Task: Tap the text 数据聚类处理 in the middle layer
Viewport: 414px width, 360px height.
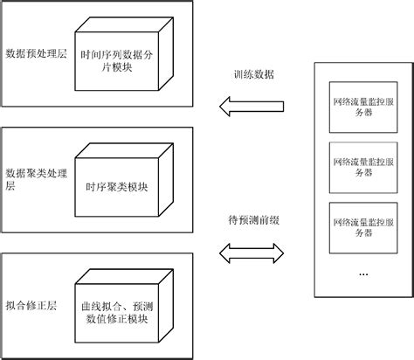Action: click(x=32, y=171)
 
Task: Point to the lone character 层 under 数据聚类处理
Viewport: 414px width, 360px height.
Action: click(x=10, y=186)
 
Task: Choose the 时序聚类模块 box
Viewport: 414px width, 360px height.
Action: click(x=118, y=184)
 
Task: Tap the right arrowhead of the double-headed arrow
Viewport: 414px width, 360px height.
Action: click(x=279, y=252)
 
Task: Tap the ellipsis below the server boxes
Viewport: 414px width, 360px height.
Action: click(x=363, y=273)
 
